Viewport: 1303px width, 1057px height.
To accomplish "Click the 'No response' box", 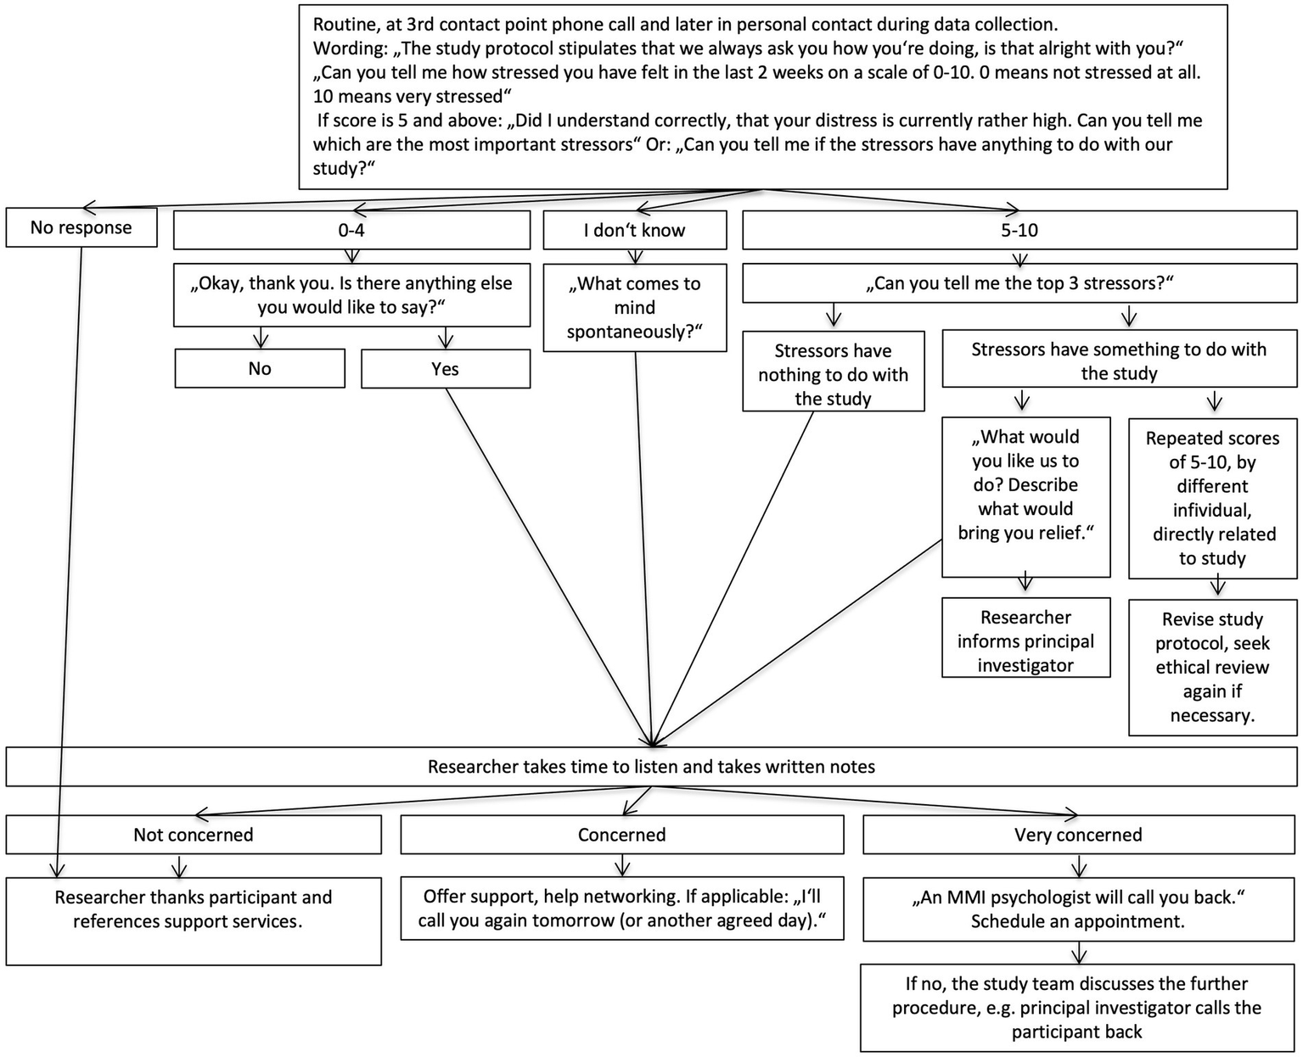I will coord(81,227).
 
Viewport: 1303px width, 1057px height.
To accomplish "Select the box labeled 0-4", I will coord(351,231).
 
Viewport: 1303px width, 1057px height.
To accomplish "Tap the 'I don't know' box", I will coord(634,231).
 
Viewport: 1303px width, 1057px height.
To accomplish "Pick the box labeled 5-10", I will coord(1019,231).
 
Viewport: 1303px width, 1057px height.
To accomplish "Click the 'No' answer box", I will coord(260,369).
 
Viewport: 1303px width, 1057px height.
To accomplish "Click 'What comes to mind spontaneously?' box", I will coord(634,307).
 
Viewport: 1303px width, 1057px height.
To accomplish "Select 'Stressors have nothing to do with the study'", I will coord(833,374).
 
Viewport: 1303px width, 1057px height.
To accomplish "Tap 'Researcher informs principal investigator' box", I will coord(1025,640).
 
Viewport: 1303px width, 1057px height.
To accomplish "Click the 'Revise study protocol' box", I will coord(1212,667).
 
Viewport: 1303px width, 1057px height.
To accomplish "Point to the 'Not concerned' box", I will coord(194,835).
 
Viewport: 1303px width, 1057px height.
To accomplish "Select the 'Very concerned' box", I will coord(1078,835).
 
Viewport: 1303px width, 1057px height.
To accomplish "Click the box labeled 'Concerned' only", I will coord(621,835).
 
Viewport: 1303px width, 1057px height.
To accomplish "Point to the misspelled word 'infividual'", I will coord(1212,511).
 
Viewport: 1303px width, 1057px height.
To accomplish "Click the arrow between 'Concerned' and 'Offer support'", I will coord(622,864).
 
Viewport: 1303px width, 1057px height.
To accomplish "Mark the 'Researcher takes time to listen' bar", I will coord(651,767).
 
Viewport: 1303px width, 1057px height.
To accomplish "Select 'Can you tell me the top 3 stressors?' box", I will coord(1019,283).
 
